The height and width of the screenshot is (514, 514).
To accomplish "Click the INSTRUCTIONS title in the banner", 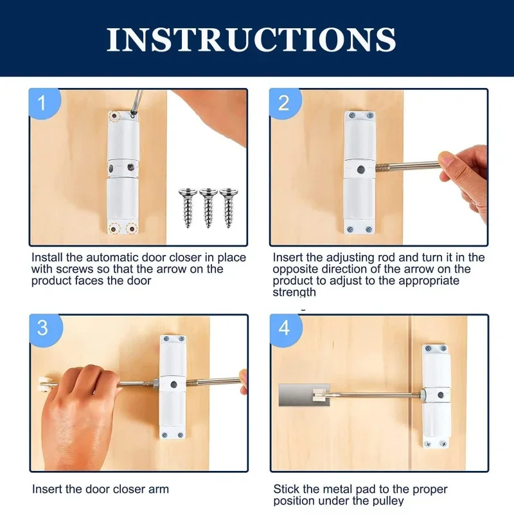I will click(x=251, y=40).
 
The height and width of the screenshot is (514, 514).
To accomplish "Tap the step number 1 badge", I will click(x=42, y=103).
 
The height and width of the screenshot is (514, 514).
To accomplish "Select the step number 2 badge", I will click(x=283, y=103).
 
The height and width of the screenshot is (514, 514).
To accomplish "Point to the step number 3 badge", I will click(x=42, y=328).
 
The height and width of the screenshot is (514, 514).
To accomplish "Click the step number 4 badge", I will click(x=283, y=328).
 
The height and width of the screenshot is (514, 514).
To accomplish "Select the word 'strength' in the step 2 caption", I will click(x=295, y=292).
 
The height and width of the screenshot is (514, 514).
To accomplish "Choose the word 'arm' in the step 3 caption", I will click(x=159, y=489).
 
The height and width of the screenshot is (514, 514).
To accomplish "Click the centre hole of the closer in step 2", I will click(x=360, y=170).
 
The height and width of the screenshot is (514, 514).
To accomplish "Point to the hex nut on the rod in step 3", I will click(x=155, y=385).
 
